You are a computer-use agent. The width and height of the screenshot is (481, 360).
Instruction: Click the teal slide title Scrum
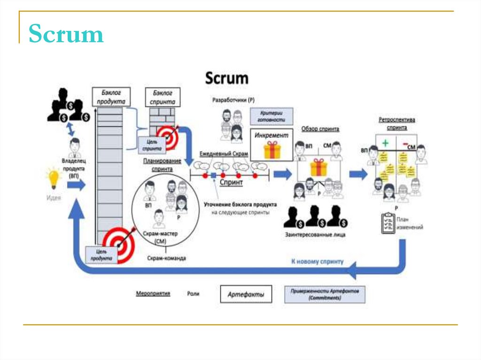click(x=66, y=35)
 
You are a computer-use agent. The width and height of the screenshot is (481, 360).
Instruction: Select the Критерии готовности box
click(x=271, y=116)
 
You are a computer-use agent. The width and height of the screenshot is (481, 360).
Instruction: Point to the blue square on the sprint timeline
click(x=214, y=176)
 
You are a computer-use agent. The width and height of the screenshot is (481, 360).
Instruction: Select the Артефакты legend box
click(x=246, y=295)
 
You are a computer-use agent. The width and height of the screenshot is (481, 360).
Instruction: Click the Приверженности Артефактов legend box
click(x=325, y=295)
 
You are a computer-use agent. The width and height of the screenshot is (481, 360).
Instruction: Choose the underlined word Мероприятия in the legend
click(x=153, y=293)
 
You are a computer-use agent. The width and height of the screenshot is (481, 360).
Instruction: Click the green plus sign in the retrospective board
click(x=385, y=142)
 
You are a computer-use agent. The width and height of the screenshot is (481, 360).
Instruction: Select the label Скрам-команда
click(x=166, y=258)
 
